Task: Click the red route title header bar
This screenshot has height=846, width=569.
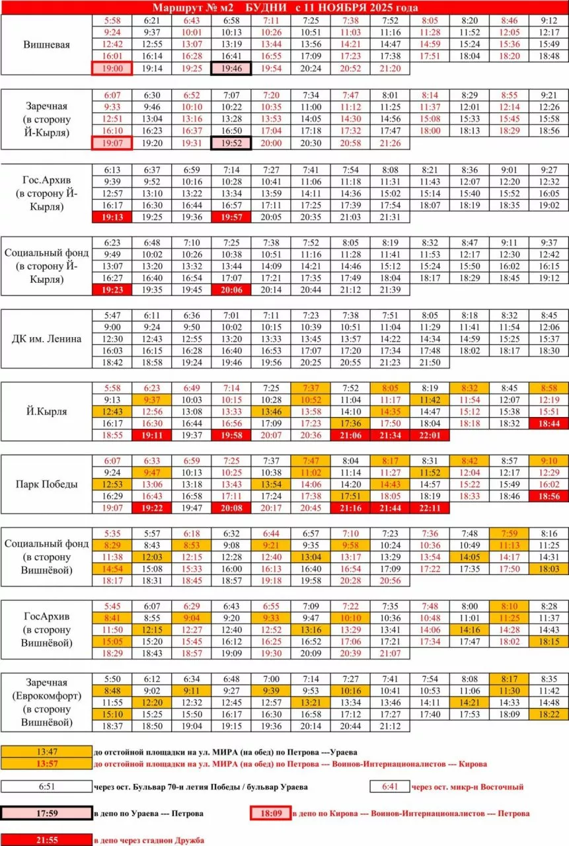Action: [284, 7]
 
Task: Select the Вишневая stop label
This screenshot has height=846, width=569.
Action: [46, 45]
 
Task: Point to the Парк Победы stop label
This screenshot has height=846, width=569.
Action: [46, 484]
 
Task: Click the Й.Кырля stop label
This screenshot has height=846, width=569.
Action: [46, 411]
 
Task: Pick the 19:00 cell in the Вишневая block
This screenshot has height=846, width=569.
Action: [112, 69]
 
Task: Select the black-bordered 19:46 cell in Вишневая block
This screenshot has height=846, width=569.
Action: [231, 69]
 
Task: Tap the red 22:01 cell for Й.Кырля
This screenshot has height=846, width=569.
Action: [430, 436]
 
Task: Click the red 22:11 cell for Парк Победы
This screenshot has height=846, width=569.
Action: [430, 508]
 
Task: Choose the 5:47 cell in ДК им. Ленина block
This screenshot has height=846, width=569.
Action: [112, 315]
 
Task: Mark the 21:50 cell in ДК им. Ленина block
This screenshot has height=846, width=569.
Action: [430, 363]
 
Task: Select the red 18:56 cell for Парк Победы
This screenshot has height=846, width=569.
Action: [549, 496]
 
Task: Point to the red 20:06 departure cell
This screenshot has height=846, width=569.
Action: [231, 289]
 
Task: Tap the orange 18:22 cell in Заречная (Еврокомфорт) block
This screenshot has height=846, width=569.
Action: [549, 714]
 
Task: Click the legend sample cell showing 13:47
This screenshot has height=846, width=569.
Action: [46, 752]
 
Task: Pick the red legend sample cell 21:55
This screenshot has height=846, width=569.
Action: [46, 840]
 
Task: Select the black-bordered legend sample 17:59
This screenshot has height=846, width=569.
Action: [46, 813]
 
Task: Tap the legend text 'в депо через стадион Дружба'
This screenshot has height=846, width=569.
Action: [149, 840]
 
